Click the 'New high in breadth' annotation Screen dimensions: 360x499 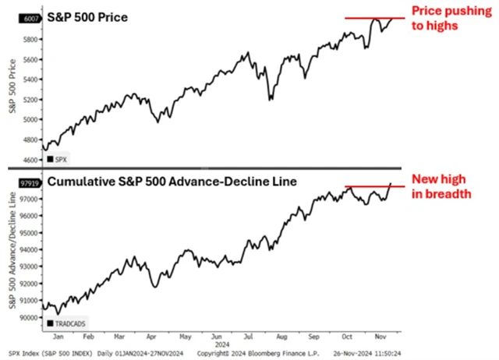(x=442, y=186)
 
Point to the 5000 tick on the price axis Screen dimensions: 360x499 (x=30, y=119)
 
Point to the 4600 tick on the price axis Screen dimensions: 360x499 (x=30, y=160)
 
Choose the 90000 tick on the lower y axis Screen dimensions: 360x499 (x=28, y=317)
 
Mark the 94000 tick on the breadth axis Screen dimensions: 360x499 (x=28, y=250)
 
